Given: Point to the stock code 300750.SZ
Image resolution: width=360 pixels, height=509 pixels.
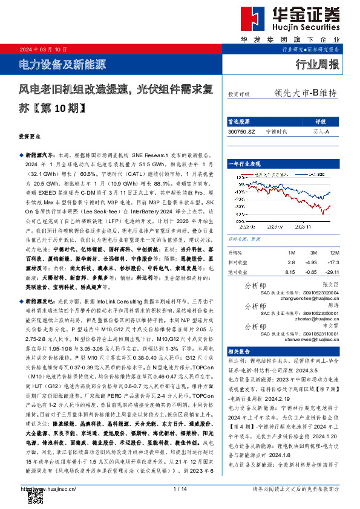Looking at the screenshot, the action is click(242, 131).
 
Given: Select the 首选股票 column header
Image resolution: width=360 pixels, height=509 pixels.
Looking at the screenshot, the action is click(240, 121).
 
